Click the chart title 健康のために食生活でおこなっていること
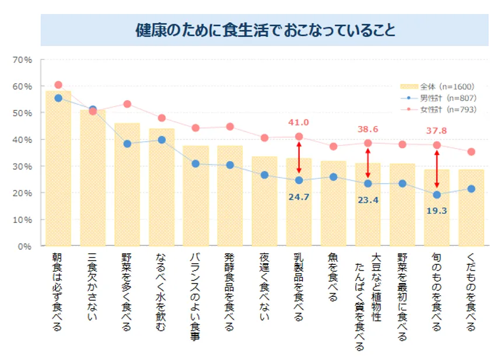pos(265,30)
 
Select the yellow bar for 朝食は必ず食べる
pos(58,169)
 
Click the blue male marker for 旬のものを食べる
pos(436,194)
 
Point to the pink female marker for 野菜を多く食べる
pos(127,104)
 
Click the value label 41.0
pos(299,123)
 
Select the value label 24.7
pos(299,197)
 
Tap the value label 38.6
pos(367,129)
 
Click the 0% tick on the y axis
pos(24,246)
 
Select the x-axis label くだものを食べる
pos(471,292)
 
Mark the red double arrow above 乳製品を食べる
pos(299,159)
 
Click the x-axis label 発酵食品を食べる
pos(230,292)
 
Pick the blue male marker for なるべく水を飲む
pos(162,140)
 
